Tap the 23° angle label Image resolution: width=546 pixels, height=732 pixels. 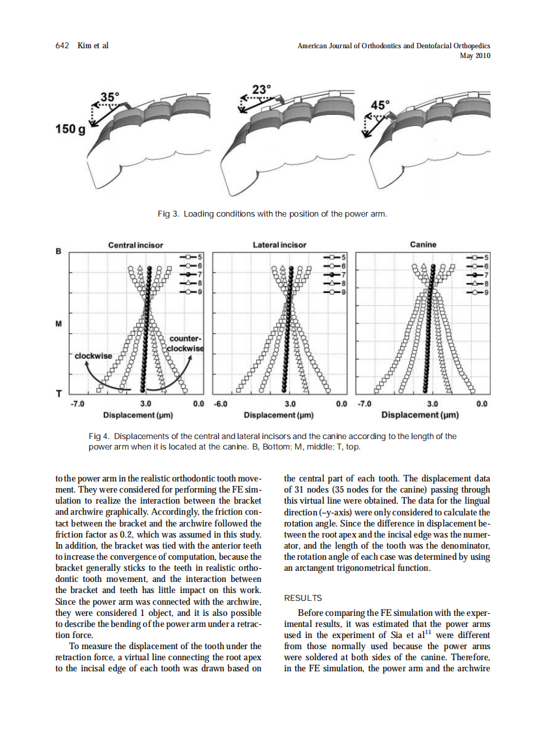pyautogui.click(x=262, y=89)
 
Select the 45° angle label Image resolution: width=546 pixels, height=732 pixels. pyautogui.click(x=381, y=104)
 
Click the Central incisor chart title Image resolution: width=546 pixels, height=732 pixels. pyautogui.click(x=136, y=245)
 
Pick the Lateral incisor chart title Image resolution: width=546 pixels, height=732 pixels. pyautogui.click(x=280, y=245)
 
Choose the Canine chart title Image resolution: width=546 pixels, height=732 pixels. pyautogui.click(x=424, y=245)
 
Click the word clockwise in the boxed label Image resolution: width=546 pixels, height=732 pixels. pyautogui.click(x=93, y=356)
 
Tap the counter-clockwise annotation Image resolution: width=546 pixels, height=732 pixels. pyautogui.click(x=186, y=343)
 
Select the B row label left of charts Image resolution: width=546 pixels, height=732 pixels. pyautogui.click(x=59, y=251)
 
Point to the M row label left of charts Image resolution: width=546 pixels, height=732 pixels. pyautogui.click(x=59, y=324)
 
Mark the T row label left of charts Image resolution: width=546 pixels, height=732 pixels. pyautogui.click(x=59, y=394)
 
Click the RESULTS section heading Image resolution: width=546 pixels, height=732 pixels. pyautogui.click(x=303, y=598)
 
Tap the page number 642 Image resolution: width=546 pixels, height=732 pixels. pyautogui.click(x=63, y=46)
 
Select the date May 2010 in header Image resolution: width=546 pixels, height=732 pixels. pyautogui.click(x=475, y=55)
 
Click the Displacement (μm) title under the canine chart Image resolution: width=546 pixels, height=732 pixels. pyautogui.click(x=420, y=415)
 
